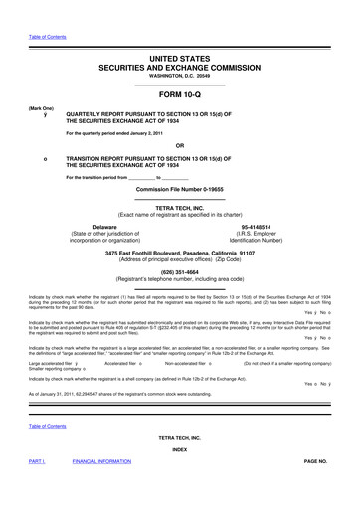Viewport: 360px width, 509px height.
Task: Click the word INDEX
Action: pos(180,476)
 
